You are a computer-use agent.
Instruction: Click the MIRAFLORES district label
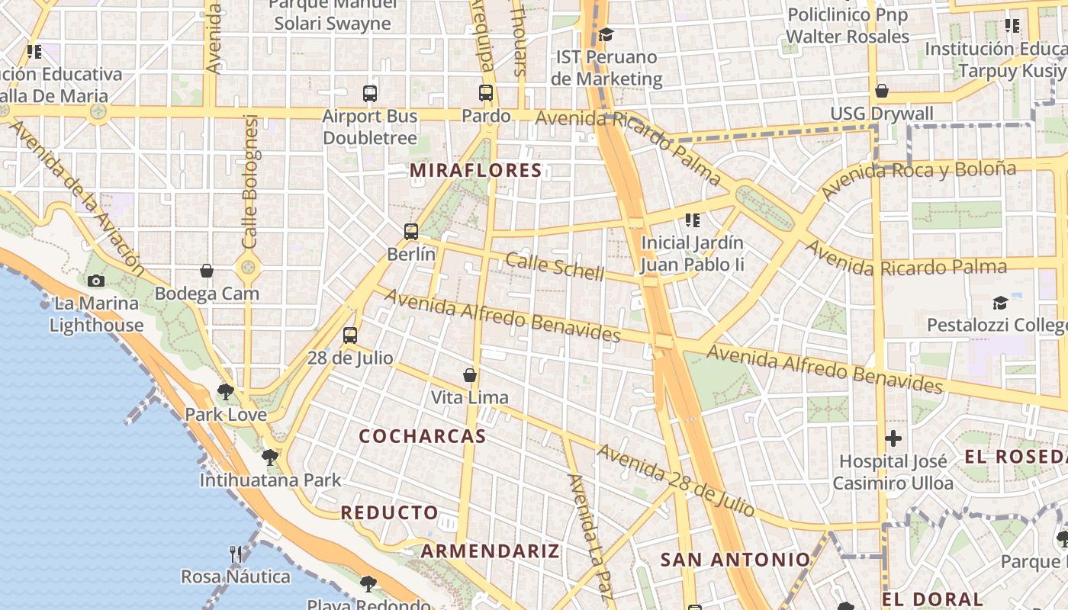click(476, 171)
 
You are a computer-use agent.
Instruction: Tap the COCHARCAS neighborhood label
click(422, 436)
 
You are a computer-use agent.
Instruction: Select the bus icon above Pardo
click(486, 93)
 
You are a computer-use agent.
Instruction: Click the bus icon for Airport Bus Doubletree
click(370, 94)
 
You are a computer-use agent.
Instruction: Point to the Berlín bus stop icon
click(411, 231)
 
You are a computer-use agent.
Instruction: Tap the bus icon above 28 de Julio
click(350, 335)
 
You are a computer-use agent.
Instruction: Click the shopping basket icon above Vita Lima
click(470, 375)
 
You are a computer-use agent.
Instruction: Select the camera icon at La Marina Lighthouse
click(96, 281)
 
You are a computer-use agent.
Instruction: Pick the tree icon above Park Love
click(225, 392)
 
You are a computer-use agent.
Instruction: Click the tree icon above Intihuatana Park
click(269, 457)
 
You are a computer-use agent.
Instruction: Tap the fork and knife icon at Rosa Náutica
click(236, 554)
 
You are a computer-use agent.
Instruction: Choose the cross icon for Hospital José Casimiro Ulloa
click(893, 438)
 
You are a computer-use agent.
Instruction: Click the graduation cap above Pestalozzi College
click(1000, 303)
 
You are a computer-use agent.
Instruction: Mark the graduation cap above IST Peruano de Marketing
click(606, 34)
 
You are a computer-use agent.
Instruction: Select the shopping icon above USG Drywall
click(882, 91)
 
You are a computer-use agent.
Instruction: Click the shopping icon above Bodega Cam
click(207, 271)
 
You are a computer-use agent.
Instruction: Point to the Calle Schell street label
click(555, 267)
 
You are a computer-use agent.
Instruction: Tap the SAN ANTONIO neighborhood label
click(735, 560)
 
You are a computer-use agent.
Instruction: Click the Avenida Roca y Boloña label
click(919, 178)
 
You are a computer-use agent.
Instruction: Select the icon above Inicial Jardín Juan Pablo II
click(693, 220)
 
